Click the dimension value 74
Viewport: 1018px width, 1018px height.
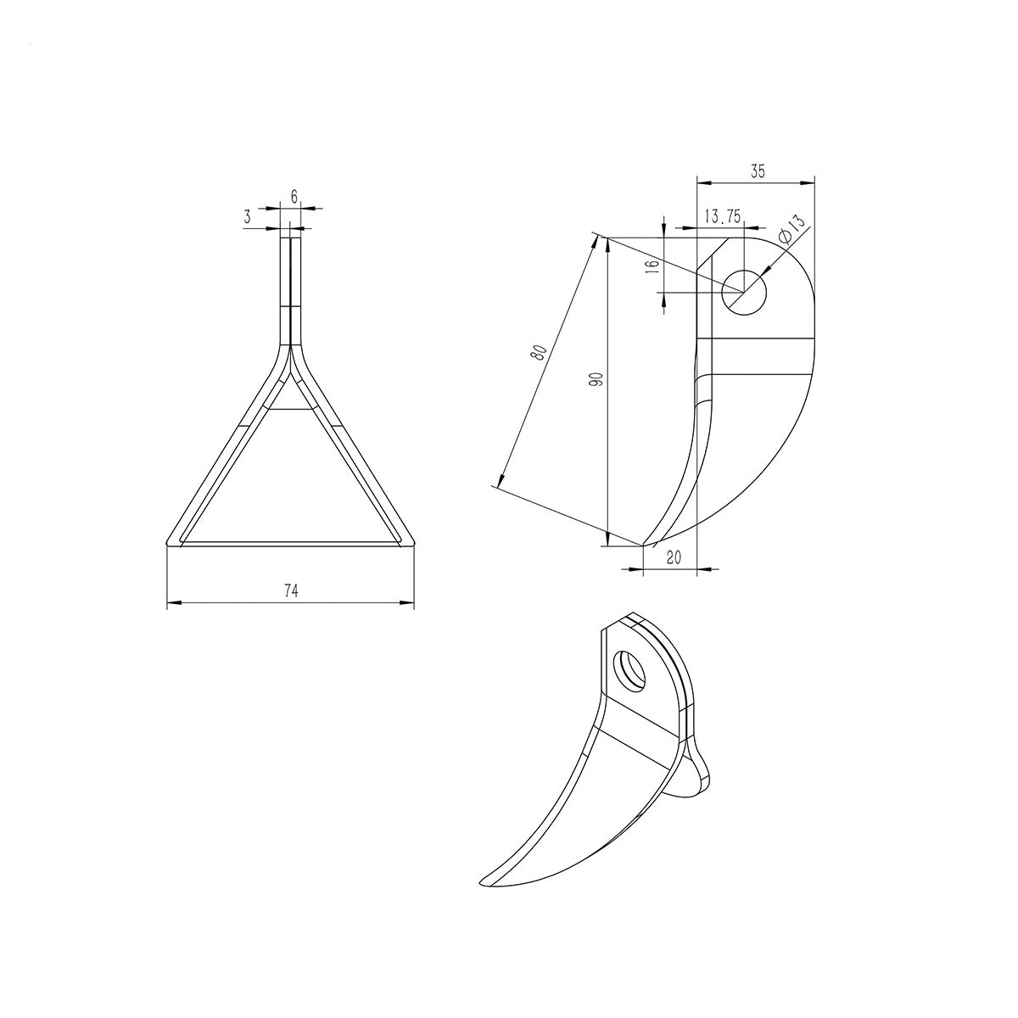(291, 591)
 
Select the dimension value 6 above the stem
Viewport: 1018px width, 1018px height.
(294, 197)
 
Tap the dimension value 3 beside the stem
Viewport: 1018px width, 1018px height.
(247, 216)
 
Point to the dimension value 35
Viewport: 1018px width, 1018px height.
(758, 171)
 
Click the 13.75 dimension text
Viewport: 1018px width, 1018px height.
(724, 215)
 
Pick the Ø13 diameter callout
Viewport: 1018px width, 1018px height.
(793, 228)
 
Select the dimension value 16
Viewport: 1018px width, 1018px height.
(653, 266)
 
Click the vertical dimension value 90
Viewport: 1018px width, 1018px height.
(596, 379)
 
